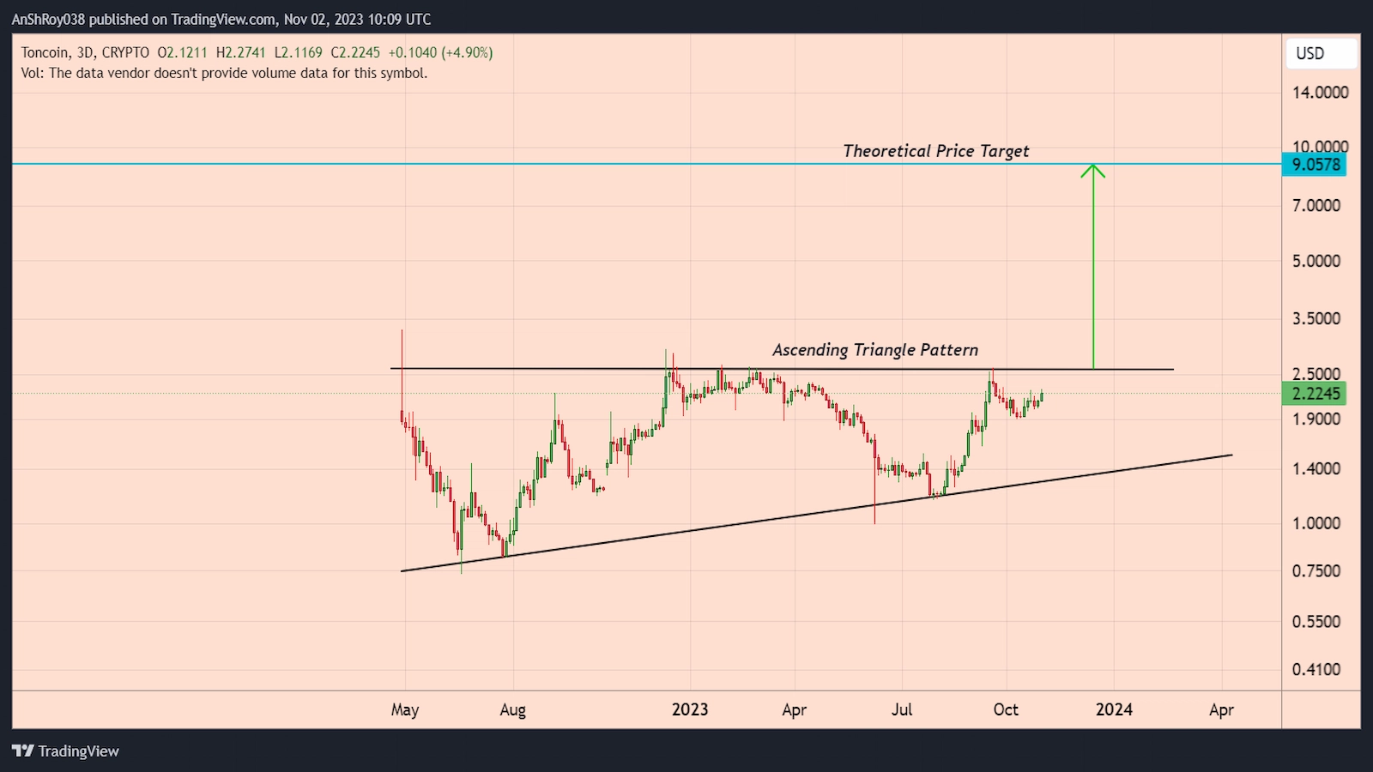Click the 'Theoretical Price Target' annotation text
935,151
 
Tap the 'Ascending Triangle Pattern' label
874,350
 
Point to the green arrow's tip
1092,166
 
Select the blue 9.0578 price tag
1315,164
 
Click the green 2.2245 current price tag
1315,394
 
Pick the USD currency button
1321,53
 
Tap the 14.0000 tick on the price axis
1320,93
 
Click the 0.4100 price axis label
1316,669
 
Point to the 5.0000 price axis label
1316,261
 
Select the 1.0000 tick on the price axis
1316,523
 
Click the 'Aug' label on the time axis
512,709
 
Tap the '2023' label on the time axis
690,709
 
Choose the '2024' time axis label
1114,709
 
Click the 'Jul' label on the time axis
902,709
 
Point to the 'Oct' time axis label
1006,709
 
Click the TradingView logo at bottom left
66,751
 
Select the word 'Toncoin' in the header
45,52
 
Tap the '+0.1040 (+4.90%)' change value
446,52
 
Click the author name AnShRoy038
49,19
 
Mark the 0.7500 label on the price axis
1316,571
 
